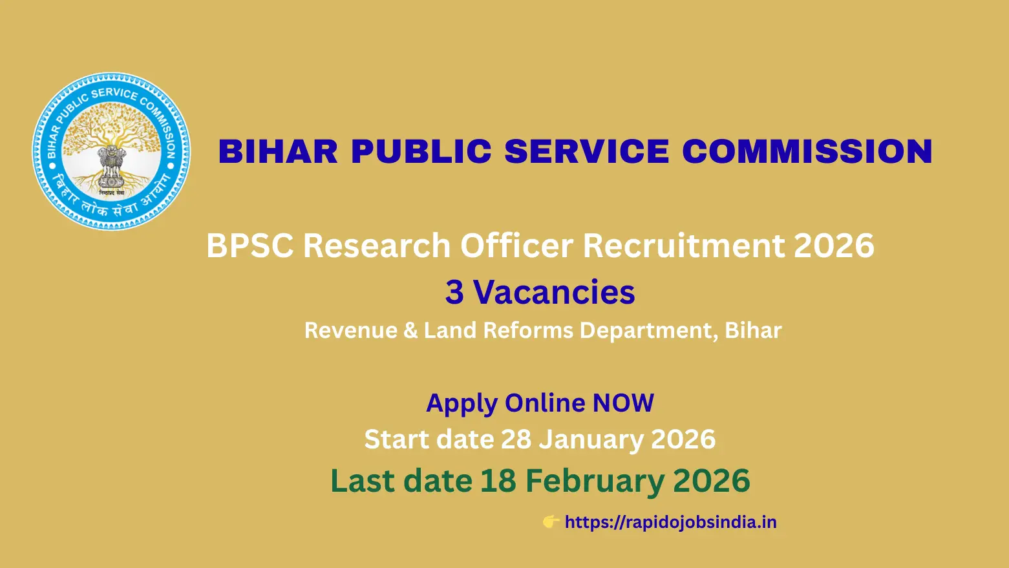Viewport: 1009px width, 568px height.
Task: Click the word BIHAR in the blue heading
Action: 278,152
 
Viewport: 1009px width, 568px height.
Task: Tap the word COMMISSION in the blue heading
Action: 807,152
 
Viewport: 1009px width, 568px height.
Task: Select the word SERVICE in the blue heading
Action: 587,152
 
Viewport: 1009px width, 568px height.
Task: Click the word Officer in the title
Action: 516,246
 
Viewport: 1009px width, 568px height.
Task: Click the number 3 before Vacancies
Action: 454,292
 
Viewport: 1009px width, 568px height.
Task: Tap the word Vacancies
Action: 554,292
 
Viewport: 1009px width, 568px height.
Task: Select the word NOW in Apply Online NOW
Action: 623,403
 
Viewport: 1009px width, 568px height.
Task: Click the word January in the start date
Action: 591,439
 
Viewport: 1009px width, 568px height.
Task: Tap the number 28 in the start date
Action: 516,439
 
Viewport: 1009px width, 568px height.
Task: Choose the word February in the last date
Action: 594,481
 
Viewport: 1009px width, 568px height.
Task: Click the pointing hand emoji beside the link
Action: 551,521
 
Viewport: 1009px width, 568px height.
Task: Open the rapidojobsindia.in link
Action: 670,522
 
